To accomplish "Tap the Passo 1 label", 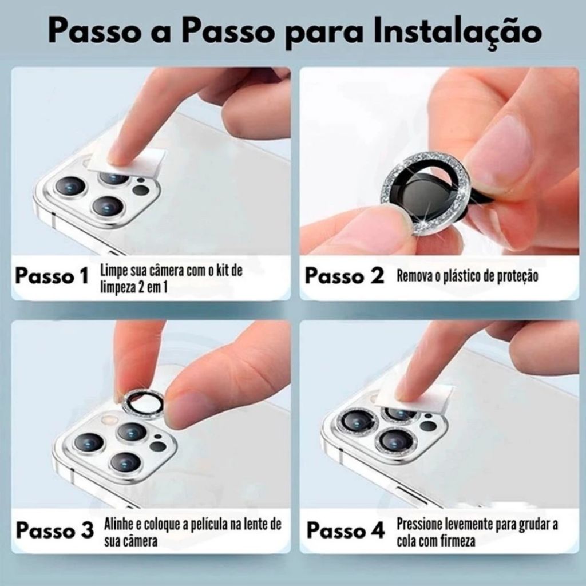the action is click(52, 276).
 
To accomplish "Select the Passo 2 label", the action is click(344, 276).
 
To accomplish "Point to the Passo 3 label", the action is click(54, 530).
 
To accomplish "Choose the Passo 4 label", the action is click(345, 530).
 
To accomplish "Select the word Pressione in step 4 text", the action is click(414, 524).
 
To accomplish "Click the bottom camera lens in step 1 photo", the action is click(108, 206).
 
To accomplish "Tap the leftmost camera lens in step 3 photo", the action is click(89, 442).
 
